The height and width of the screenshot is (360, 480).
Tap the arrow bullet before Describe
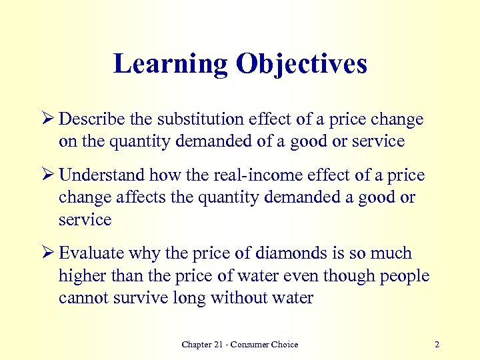coord(50,119)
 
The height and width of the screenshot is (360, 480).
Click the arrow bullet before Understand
coord(50,175)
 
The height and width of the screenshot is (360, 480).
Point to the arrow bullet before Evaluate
coord(50,253)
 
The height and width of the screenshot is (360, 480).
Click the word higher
coord(81,275)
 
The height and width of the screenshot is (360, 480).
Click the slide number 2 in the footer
coord(437,345)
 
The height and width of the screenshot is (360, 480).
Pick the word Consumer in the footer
coord(252,345)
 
